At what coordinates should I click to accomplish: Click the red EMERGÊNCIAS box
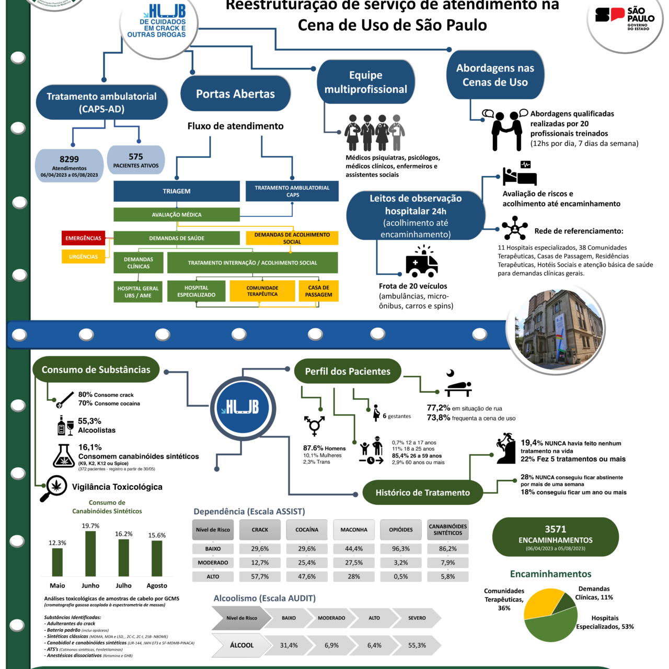pos(83,238)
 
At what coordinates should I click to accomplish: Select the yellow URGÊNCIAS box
pos(83,257)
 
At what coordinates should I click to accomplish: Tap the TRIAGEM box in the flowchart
pos(177,191)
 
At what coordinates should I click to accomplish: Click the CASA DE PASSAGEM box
pos(318,291)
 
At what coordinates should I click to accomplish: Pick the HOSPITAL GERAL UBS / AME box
pos(138,292)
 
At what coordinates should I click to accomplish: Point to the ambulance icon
pos(421,263)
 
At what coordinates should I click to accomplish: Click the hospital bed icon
pos(520,174)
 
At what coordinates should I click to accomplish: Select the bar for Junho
pos(90,553)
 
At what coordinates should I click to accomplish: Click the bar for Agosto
pos(157,558)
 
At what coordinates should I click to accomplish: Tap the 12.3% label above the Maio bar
pos(57,543)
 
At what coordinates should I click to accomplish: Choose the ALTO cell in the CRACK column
pos(260,576)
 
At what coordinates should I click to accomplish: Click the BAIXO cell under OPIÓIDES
pos(401,549)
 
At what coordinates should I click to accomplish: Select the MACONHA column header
pos(354,530)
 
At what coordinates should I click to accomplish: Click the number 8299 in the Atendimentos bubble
pos(69,159)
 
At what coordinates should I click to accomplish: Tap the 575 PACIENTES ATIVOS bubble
pos(136,160)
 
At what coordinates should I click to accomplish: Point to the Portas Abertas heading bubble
pos(235,94)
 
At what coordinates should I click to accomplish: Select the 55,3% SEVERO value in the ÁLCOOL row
pos(417,645)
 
